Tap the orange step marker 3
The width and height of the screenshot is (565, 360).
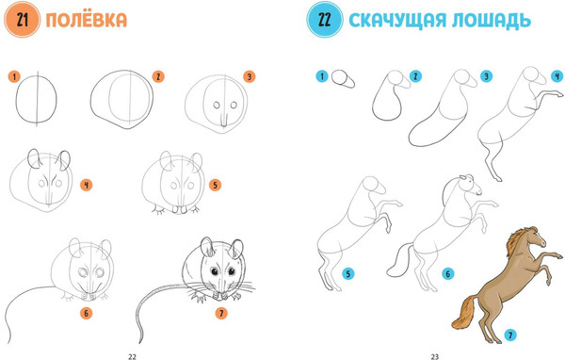pos(249,76)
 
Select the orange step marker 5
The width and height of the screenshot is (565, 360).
pos(215,185)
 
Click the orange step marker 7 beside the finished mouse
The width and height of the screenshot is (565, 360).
pos(220,313)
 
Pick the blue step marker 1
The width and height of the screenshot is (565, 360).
pos(322,76)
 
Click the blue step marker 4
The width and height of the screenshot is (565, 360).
pos(557,76)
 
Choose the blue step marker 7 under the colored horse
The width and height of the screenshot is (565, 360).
pos(509,334)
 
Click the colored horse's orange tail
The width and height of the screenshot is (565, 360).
pos(462,310)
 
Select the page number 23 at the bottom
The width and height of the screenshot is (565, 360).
pos(435,355)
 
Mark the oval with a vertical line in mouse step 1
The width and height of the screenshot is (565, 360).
pos(39,98)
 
